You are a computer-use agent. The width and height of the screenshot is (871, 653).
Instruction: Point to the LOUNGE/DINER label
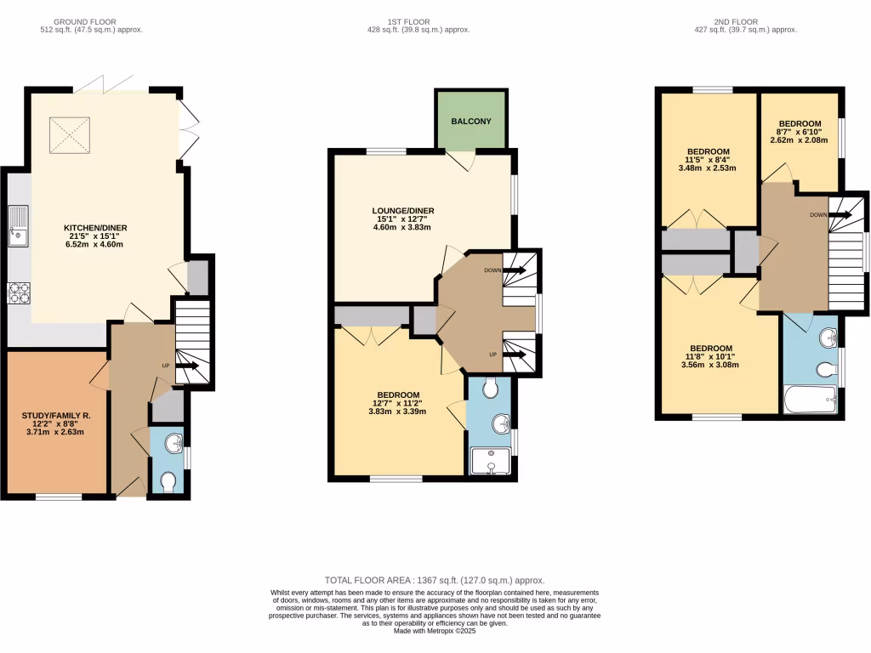click(x=403, y=211)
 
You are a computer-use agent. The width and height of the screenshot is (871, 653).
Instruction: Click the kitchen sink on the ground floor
click(x=19, y=225)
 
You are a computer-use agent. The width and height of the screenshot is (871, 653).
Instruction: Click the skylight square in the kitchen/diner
click(x=70, y=134)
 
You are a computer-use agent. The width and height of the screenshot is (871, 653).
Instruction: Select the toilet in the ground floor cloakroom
click(x=168, y=481)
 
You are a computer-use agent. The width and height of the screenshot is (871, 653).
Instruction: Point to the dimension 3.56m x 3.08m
click(x=710, y=365)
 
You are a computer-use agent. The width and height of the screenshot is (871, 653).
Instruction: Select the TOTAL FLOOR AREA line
click(x=435, y=580)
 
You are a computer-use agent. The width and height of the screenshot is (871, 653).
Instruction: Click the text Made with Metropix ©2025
click(x=435, y=631)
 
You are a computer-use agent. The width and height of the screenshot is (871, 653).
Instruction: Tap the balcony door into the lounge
click(x=462, y=158)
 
